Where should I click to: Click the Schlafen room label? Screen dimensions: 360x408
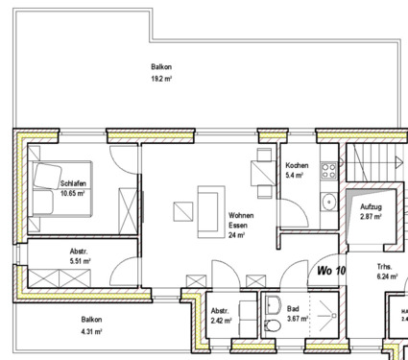73,182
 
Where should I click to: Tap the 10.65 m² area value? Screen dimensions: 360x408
73,193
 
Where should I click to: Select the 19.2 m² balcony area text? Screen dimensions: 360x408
161,80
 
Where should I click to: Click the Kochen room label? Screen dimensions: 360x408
297,166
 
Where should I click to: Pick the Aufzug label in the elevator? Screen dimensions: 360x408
372,207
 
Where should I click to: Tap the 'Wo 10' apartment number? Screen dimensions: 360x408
330,271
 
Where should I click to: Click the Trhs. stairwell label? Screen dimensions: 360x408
385,265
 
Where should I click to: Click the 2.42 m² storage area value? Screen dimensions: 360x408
222,320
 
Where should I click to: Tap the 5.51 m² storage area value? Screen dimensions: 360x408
79,260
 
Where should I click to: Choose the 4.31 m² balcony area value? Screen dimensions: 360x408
91,331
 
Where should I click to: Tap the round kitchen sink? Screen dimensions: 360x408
328,202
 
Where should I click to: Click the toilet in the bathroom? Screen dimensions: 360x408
273,309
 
